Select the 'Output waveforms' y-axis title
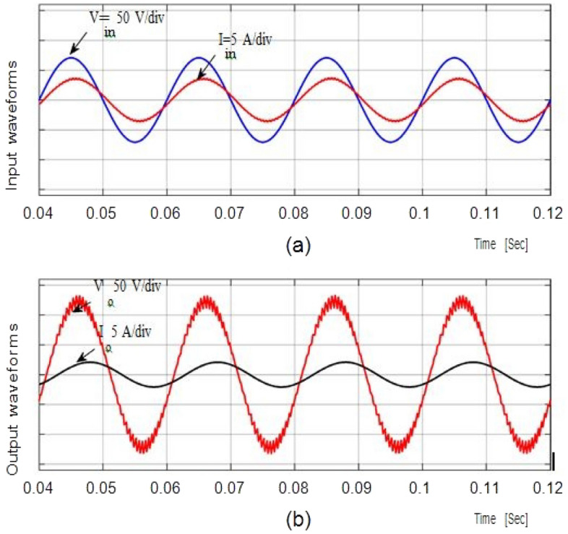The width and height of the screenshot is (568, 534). coord(12,410)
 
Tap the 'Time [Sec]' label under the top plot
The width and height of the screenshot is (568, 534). coord(501,245)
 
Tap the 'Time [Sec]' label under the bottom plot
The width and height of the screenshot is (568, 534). coord(501,518)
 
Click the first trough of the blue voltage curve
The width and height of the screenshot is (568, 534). coord(134,142)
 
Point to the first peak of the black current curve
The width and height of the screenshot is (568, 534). coord(90,361)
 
